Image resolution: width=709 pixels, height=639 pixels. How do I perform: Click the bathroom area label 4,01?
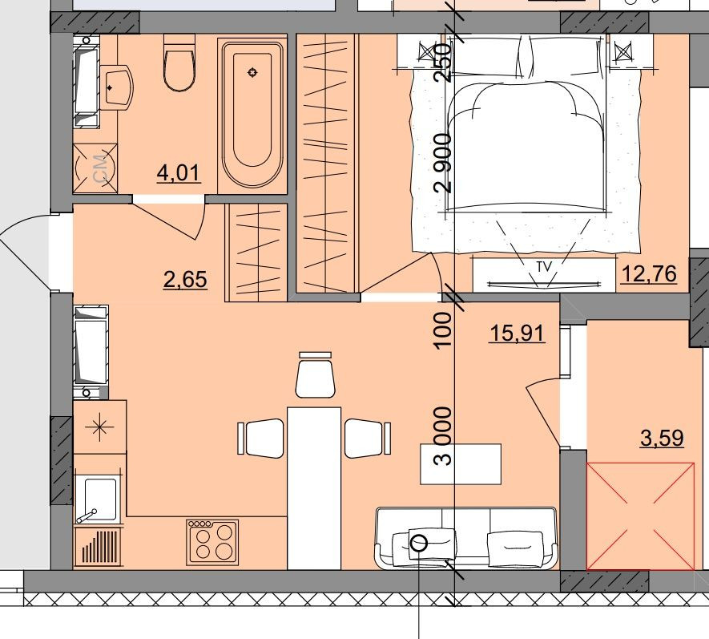179,173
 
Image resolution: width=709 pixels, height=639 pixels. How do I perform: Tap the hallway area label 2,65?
185,279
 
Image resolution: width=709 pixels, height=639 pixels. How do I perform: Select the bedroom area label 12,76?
649,273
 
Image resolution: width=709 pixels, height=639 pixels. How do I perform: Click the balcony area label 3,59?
662,438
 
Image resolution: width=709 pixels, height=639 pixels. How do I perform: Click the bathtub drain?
252,72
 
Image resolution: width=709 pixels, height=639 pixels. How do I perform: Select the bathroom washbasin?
116,87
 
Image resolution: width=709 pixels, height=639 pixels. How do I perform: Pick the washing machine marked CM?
95,168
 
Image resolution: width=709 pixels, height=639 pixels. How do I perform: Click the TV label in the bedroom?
545,267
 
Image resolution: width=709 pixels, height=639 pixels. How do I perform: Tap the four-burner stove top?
212,542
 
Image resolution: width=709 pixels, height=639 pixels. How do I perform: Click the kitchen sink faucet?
86,516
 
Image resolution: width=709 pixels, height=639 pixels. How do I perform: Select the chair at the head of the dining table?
316,375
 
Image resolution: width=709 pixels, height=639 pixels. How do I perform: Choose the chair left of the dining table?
261,438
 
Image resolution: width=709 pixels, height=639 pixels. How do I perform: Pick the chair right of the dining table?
367,438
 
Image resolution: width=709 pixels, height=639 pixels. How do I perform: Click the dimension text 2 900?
443,163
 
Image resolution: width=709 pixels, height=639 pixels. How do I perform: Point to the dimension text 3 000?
443,436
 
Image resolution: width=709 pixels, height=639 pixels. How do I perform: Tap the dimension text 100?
443,330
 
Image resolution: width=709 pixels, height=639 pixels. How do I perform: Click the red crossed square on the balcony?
640,516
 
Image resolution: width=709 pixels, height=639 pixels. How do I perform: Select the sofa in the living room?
466,538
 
